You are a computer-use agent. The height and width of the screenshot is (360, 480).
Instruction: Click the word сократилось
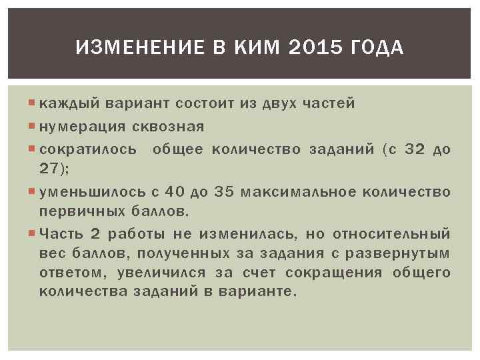click(x=88, y=149)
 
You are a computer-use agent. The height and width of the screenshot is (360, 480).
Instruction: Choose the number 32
click(x=415, y=149)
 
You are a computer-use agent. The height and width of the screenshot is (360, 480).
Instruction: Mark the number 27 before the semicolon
click(x=49, y=168)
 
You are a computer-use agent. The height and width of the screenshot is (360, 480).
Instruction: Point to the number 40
click(x=174, y=192)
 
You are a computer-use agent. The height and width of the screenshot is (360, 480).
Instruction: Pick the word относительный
click(x=391, y=234)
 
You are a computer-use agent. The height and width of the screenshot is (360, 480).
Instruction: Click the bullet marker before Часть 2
click(x=33, y=234)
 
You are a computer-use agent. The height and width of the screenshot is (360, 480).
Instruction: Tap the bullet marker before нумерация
click(x=33, y=127)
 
